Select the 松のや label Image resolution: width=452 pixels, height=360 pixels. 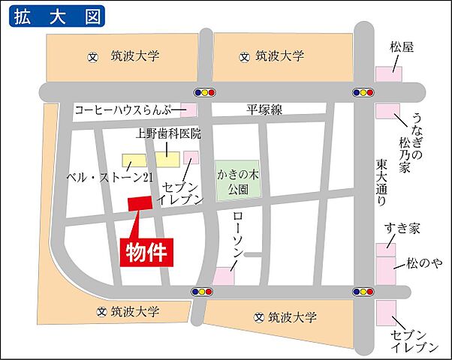[423, 263]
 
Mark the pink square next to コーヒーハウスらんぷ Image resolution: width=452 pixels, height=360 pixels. [188, 110]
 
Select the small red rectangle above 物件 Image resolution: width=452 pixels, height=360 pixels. [140, 202]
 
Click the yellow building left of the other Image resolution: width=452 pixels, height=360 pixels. [136, 161]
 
